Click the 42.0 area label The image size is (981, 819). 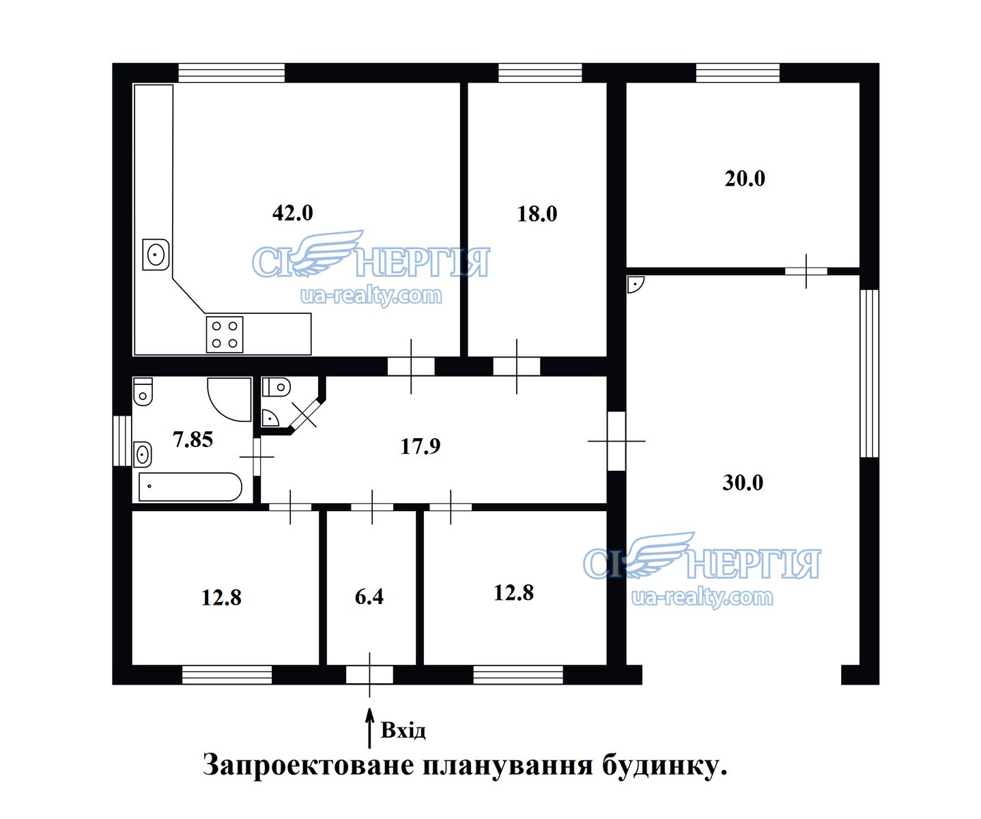tap(292, 213)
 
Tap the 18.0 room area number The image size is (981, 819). tap(537, 214)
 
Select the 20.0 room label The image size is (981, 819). tap(745, 179)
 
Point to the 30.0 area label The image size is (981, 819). tap(743, 483)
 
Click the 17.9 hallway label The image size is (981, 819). tap(420, 446)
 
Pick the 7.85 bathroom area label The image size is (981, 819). tap(193, 440)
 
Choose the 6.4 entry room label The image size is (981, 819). tap(369, 597)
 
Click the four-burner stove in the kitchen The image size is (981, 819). tap(225, 334)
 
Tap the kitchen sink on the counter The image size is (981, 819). tap(156, 255)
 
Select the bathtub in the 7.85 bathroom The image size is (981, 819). tap(190, 487)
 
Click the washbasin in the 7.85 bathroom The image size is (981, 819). tap(143, 455)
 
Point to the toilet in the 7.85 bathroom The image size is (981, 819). tap(143, 391)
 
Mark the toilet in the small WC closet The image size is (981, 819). tap(276, 388)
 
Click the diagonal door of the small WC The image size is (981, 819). tap(304, 414)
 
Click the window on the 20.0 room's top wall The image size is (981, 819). tap(738, 73)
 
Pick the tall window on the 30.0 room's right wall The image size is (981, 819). tap(869, 373)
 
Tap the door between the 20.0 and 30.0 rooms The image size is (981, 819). tap(806, 271)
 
